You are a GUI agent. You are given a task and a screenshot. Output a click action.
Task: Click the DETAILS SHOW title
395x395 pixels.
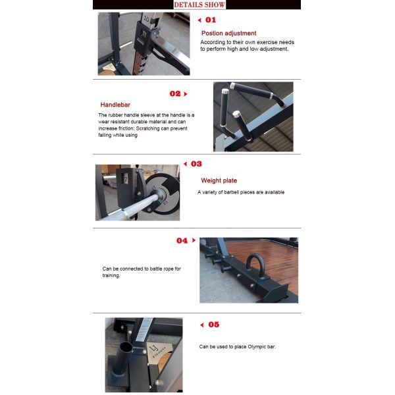click(x=199, y=5)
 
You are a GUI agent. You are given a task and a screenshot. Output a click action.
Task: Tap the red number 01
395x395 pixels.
click(x=211, y=20)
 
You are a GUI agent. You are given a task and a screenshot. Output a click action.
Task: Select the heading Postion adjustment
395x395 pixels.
click(x=228, y=34)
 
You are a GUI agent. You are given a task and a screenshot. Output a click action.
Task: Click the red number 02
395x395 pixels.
click(x=175, y=93)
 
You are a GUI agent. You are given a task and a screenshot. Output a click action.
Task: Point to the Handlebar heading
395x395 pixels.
click(x=115, y=105)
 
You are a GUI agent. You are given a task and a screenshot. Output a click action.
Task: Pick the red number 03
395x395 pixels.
click(x=196, y=164)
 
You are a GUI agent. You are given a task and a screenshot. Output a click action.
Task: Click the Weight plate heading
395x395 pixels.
click(x=219, y=180)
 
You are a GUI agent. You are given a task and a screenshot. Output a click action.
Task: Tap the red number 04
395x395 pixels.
click(x=182, y=240)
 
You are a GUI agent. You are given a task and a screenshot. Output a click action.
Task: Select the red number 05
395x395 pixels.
click(x=213, y=325)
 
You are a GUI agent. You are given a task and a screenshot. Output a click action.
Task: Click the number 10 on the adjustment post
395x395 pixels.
click(x=146, y=18)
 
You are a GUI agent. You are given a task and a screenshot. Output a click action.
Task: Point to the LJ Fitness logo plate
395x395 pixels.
click(x=158, y=351)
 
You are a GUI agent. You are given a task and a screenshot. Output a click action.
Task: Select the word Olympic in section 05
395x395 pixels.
click(x=257, y=347)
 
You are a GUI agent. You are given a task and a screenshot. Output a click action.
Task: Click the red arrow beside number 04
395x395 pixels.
click(x=194, y=240)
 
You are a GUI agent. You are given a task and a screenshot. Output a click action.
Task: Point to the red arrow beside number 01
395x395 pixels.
click(x=199, y=20)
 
